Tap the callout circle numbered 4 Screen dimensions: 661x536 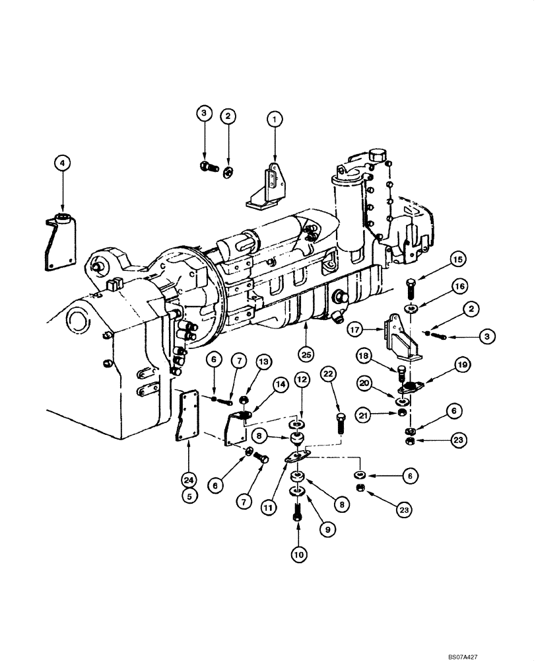[x=61, y=162]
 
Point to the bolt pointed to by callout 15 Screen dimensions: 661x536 [x=411, y=290]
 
